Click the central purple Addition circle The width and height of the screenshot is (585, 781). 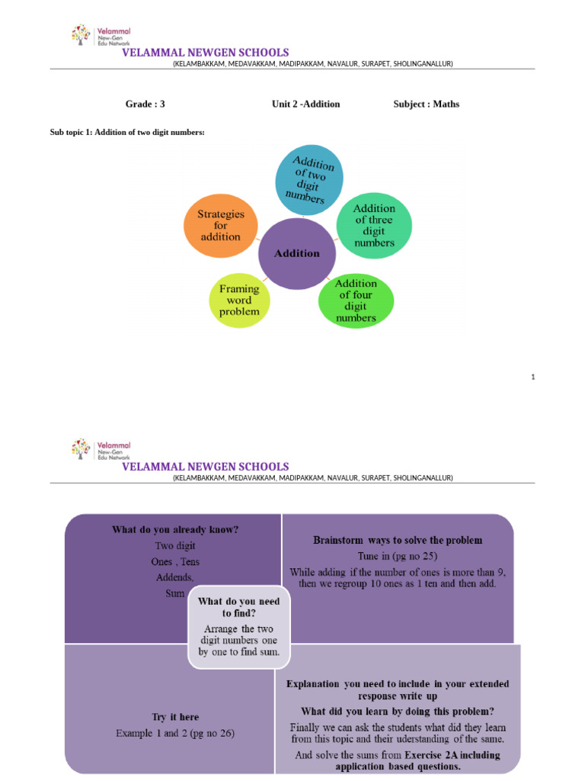[298, 253]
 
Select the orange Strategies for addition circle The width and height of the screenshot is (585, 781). [219, 226]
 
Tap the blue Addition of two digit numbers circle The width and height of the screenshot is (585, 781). [308, 179]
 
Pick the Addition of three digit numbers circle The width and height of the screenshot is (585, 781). [374, 225]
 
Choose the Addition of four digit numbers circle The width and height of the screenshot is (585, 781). [356, 300]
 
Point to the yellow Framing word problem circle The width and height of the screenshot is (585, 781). [239, 300]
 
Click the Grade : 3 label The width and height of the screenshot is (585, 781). [145, 104]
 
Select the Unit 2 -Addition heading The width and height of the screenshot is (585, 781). [305, 104]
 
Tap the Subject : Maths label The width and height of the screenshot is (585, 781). [426, 104]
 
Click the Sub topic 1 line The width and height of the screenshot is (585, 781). [127, 133]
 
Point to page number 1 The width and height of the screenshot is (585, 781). [533, 377]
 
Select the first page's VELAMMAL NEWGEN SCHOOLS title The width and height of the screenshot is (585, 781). [206, 53]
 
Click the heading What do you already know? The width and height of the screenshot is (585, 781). [175, 529]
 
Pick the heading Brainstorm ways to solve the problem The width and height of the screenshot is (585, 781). [398, 540]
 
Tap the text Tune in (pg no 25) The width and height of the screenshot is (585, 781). [398, 556]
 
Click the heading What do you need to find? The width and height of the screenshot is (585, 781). [238, 607]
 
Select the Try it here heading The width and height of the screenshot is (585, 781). [175, 718]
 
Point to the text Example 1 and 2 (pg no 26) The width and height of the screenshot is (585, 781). [175, 733]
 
